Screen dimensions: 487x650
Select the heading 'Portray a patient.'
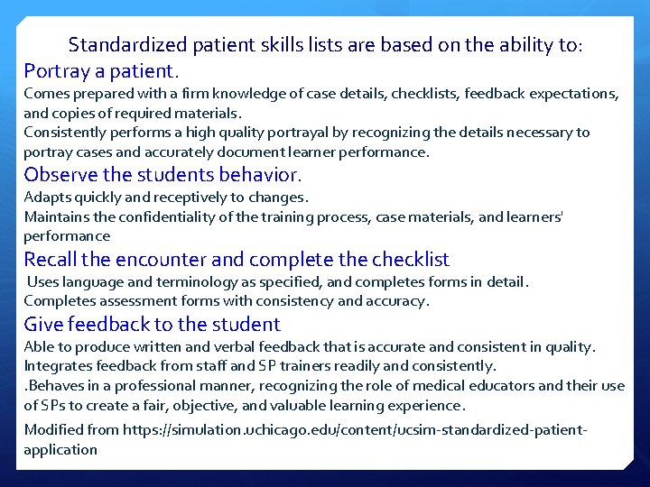(101, 70)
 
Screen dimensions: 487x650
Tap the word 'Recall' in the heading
(50, 261)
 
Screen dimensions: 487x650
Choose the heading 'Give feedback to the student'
(152, 325)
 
